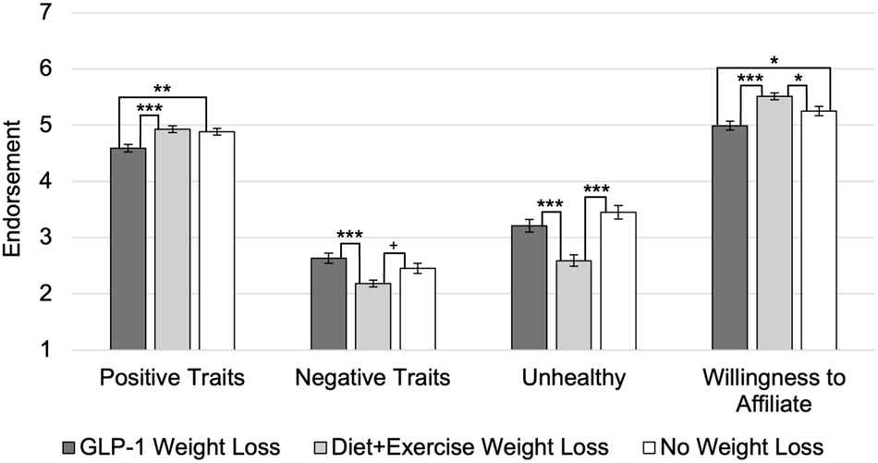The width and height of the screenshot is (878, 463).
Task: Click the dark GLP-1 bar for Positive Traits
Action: click(x=128, y=250)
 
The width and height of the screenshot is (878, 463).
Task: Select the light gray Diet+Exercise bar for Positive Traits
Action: click(x=172, y=240)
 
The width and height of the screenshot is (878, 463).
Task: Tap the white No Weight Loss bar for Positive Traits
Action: click(x=217, y=241)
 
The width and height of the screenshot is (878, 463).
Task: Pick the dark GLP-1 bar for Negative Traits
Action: click(x=328, y=305)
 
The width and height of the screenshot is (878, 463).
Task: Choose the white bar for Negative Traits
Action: click(x=417, y=310)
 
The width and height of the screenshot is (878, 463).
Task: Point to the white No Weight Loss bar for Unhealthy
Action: click(x=617, y=282)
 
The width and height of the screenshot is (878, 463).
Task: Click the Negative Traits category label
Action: click(x=372, y=377)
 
